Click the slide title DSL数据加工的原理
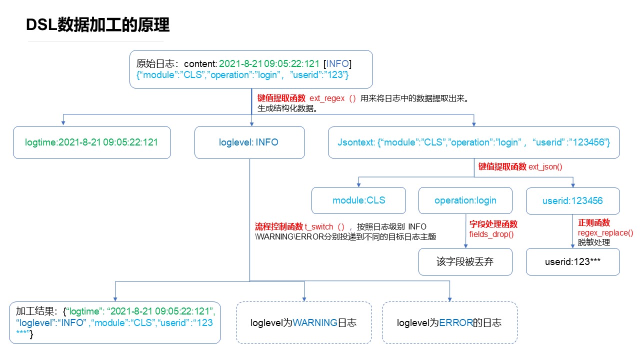point(98,24)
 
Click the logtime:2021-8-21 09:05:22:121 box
point(91,142)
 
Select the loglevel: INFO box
point(249,142)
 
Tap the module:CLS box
point(359,200)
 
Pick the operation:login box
point(465,200)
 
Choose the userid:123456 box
point(572,200)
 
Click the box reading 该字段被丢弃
point(465,261)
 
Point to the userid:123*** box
point(572,261)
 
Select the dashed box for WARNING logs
point(303,322)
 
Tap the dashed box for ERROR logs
point(449,322)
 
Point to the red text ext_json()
point(545,167)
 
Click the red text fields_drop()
point(484,234)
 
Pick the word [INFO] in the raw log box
point(337,64)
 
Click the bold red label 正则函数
point(594,223)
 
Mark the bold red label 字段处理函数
point(493,224)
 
